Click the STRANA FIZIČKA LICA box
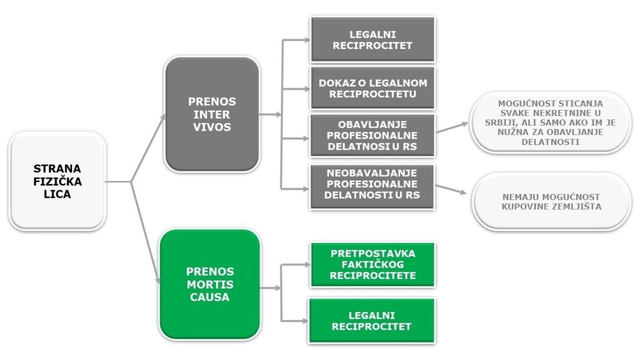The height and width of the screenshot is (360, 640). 58,181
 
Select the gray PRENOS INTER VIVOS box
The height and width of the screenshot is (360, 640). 212,114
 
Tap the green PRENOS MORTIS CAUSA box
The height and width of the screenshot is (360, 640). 210,284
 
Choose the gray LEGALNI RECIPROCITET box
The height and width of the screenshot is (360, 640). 373,40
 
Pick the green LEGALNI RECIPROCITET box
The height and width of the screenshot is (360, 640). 372,321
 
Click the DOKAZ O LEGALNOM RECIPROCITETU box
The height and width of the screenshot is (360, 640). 373,88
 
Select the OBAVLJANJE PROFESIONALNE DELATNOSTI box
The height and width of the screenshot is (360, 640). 372,136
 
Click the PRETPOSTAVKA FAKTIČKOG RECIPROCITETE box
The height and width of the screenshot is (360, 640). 373,264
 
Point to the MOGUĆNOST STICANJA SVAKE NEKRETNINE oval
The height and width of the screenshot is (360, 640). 550,122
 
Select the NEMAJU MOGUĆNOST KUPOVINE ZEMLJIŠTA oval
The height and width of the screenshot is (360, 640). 551,201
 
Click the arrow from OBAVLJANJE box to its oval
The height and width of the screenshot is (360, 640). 452,127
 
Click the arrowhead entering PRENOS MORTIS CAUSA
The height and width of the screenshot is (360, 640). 158,280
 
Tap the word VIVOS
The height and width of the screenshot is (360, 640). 212,127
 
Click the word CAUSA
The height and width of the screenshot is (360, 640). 210,297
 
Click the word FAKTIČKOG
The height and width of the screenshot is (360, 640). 373,264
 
